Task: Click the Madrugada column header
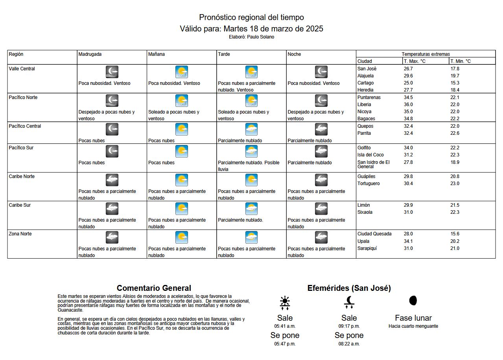90,54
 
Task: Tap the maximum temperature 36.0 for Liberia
408,105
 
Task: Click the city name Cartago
365,83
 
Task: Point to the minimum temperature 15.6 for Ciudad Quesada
455,234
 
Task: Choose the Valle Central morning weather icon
181,72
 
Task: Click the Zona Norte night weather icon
321,237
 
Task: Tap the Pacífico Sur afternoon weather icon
251,151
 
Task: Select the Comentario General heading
154,288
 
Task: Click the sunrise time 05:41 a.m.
285,326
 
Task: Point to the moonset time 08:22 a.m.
349,344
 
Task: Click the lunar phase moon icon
413,301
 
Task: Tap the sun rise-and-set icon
285,302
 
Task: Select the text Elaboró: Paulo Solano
251,37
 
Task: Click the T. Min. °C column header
461,61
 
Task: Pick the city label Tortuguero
368,184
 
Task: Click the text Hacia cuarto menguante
413,326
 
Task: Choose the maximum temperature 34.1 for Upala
408,241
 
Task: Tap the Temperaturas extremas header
426,54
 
